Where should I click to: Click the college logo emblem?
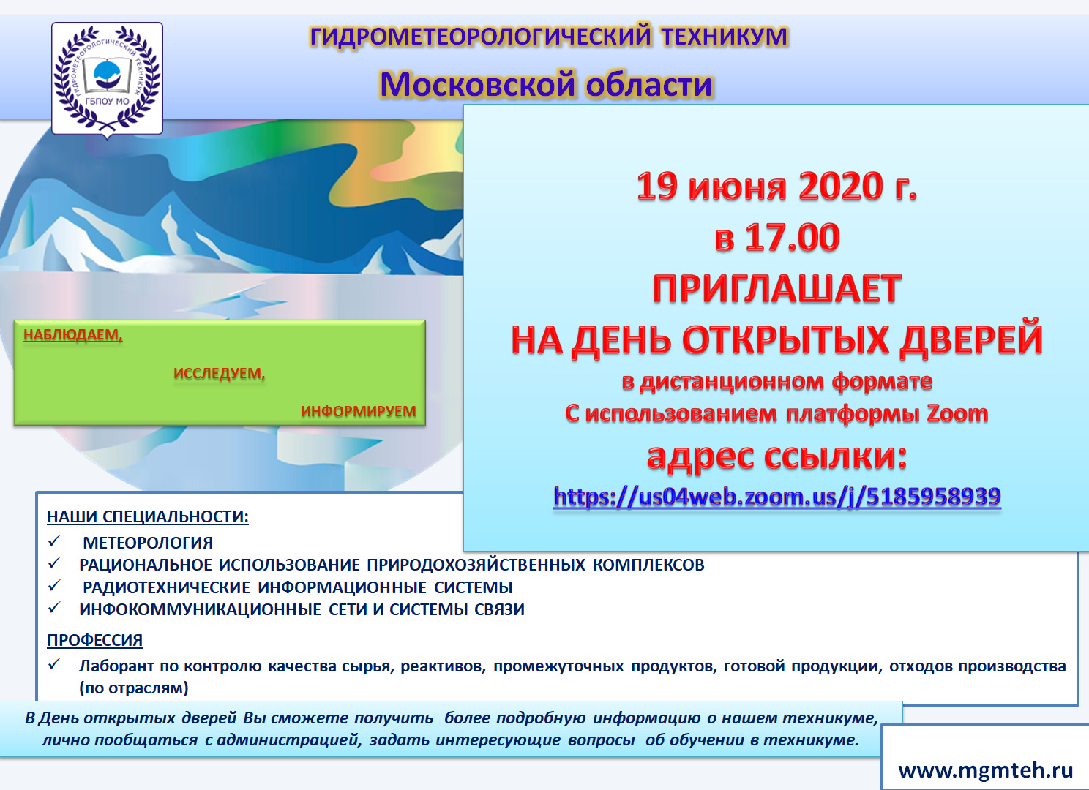point(107,79)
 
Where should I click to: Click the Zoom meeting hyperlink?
point(777,497)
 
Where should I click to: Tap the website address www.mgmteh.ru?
point(986,770)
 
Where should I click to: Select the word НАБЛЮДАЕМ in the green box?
point(73,335)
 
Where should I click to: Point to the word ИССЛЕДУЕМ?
point(220,373)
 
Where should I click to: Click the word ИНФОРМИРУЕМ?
point(359,412)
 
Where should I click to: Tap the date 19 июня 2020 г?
point(776,186)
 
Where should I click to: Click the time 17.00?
point(793,238)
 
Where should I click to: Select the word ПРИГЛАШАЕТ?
point(777,289)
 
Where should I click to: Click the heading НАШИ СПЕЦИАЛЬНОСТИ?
point(148,516)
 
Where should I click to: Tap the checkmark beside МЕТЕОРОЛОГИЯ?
point(54,541)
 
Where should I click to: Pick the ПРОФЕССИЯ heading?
point(95,640)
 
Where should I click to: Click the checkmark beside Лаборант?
point(54,663)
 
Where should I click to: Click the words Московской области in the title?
point(546,84)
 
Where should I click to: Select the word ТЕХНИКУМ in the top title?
point(724,37)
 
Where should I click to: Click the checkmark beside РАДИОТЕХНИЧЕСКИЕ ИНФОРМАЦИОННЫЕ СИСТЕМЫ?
point(54,585)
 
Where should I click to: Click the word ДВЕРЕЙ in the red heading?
point(971,339)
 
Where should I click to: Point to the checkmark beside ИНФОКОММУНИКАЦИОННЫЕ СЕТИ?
point(54,607)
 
